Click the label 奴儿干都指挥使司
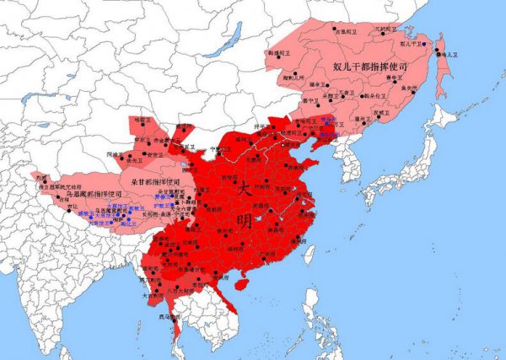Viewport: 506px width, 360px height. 370,65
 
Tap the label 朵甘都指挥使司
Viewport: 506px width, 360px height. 156,182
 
